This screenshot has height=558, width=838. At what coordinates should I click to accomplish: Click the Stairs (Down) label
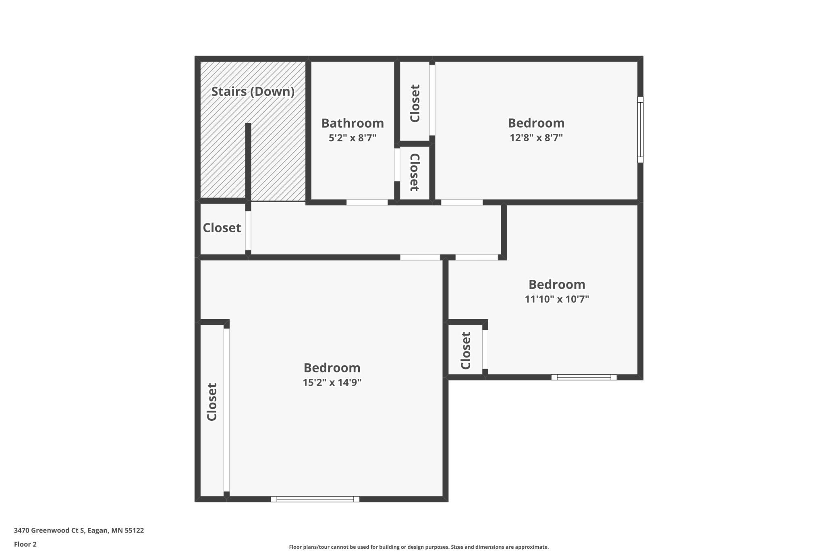tap(253, 92)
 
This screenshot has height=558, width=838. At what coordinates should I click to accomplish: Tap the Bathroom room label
tap(353, 123)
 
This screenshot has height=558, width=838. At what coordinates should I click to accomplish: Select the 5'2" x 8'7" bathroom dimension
tap(353, 138)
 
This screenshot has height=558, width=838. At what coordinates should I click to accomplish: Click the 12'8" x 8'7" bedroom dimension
tap(536, 138)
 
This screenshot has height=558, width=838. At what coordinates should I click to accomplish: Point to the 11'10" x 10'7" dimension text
tap(557, 299)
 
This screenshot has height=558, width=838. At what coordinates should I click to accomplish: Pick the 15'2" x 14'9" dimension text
tap(332, 382)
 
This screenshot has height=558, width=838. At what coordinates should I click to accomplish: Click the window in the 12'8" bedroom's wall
tap(640, 130)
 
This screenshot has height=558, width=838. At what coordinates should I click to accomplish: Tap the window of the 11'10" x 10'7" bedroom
tap(584, 377)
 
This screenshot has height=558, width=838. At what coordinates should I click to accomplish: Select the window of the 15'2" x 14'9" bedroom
tap(315, 499)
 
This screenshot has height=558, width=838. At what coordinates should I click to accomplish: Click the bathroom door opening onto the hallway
tap(367, 203)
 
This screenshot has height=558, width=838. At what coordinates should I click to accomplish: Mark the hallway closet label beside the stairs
tap(222, 228)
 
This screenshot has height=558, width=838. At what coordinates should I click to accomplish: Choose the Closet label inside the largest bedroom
tap(212, 402)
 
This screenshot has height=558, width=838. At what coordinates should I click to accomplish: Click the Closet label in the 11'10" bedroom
tap(466, 350)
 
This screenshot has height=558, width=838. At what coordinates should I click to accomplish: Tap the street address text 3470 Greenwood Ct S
tap(50, 530)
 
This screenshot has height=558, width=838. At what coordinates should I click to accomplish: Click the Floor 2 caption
tap(25, 544)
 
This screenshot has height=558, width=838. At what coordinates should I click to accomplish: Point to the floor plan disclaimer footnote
tap(419, 547)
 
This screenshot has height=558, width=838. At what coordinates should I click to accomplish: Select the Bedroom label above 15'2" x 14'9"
tap(332, 368)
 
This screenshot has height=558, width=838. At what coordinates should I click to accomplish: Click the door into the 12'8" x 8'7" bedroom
tap(462, 203)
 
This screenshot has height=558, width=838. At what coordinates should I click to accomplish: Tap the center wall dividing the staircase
tap(248, 162)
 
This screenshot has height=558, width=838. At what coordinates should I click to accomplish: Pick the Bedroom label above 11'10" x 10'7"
tap(557, 284)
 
